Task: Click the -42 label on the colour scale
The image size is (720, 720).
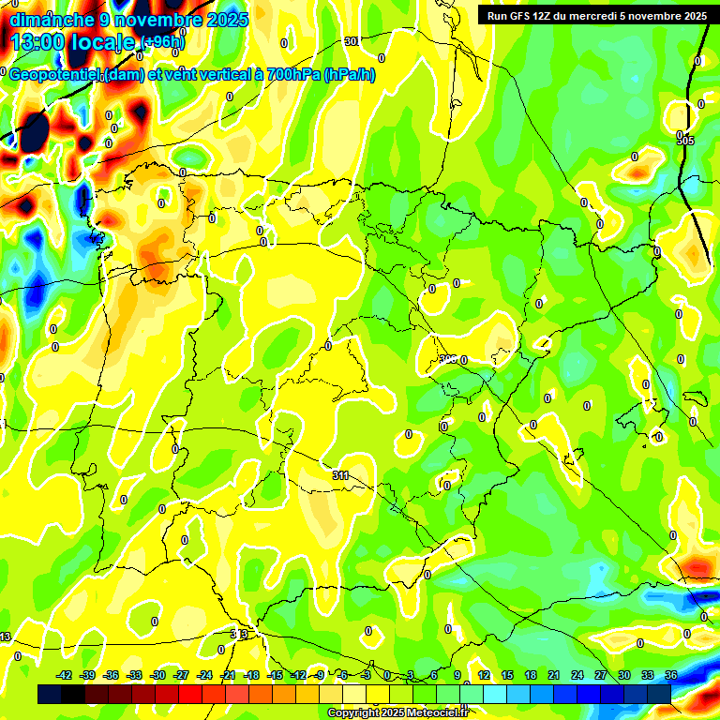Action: coord(65,675)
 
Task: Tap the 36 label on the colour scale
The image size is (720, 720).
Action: coord(670,675)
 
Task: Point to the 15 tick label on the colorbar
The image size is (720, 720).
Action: coord(507,675)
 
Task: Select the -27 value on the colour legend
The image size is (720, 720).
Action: coord(181,675)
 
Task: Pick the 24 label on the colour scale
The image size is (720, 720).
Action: coord(577,675)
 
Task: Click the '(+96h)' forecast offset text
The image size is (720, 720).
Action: coord(164,42)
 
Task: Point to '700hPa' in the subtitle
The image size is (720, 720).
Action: coord(292,75)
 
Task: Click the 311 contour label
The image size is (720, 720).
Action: coord(340,475)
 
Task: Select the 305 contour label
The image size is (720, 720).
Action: coord(685,140)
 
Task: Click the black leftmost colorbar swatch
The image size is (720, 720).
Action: coord(49,694)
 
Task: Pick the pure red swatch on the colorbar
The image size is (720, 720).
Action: coord(190,694)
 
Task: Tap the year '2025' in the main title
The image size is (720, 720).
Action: coord(226,19)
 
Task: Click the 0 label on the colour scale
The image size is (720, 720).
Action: coord(388,675)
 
